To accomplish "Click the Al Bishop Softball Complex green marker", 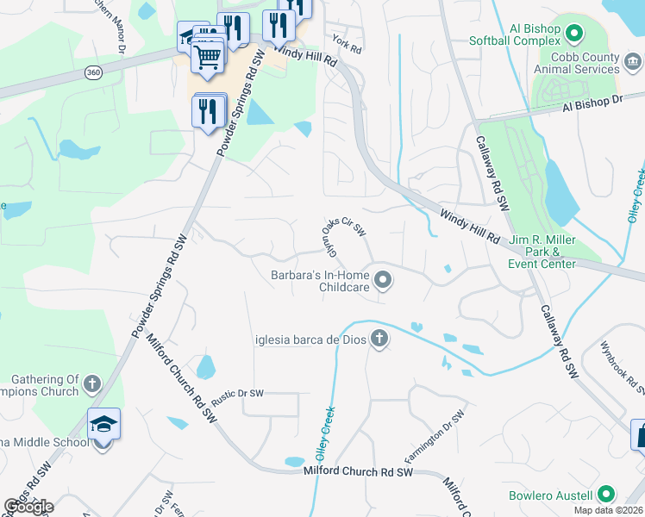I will tap(574, 34).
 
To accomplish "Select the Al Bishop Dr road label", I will tap(592, 103).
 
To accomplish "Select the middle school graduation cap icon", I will tap(103, 426).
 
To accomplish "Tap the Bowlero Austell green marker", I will tap(606, 495).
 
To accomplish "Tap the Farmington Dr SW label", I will tap(434, 437).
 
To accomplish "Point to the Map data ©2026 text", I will tap(607, 510).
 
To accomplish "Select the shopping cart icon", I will tap(207, 57).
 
